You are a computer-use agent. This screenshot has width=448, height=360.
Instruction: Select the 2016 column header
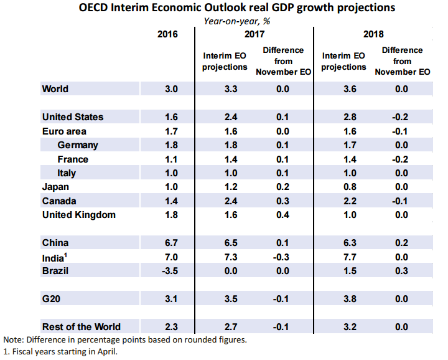[167, 34]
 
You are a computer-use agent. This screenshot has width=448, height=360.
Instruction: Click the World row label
[55, 89]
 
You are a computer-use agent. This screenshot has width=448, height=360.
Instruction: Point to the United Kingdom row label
[79, 215]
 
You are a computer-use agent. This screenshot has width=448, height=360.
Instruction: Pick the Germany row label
[78, 145]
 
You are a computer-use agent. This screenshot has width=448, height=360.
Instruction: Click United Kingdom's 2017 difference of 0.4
[283, 215]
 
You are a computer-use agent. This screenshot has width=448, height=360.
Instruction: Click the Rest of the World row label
[81, 326]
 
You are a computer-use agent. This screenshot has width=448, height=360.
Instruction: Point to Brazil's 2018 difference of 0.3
[401, 271]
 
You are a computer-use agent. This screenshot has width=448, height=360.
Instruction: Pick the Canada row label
[59, 201]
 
